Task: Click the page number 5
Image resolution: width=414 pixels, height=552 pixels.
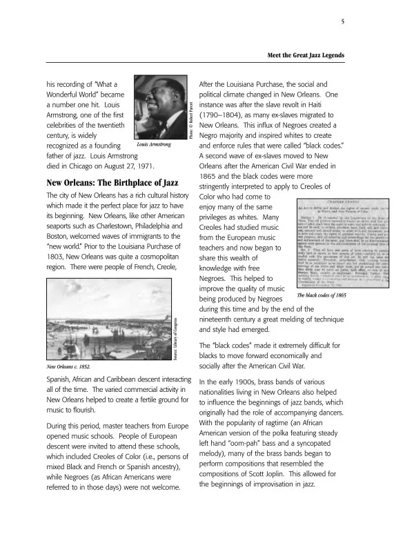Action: [343, 22]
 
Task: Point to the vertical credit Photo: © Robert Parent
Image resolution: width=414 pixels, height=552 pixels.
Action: [190, 120]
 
